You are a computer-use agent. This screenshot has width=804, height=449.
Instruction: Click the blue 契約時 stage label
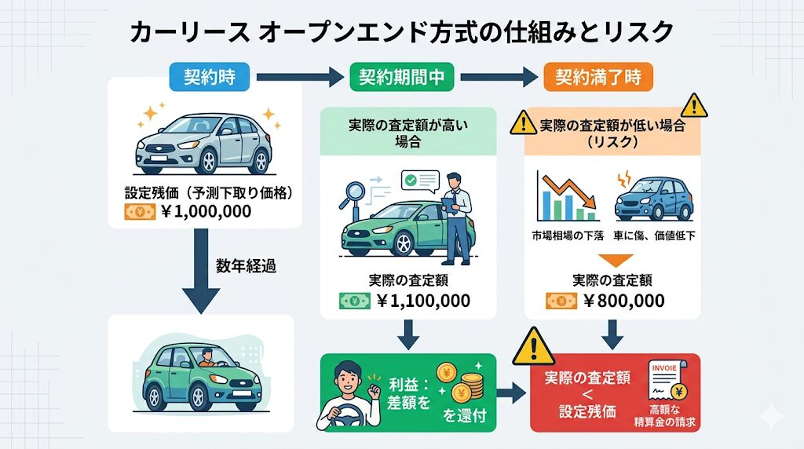click(209, 77)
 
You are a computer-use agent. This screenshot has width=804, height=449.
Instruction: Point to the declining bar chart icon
click(565, 196)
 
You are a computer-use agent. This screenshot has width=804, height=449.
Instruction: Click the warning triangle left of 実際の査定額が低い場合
click(522, 122)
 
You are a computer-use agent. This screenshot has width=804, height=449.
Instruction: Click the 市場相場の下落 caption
click(566, 236)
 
